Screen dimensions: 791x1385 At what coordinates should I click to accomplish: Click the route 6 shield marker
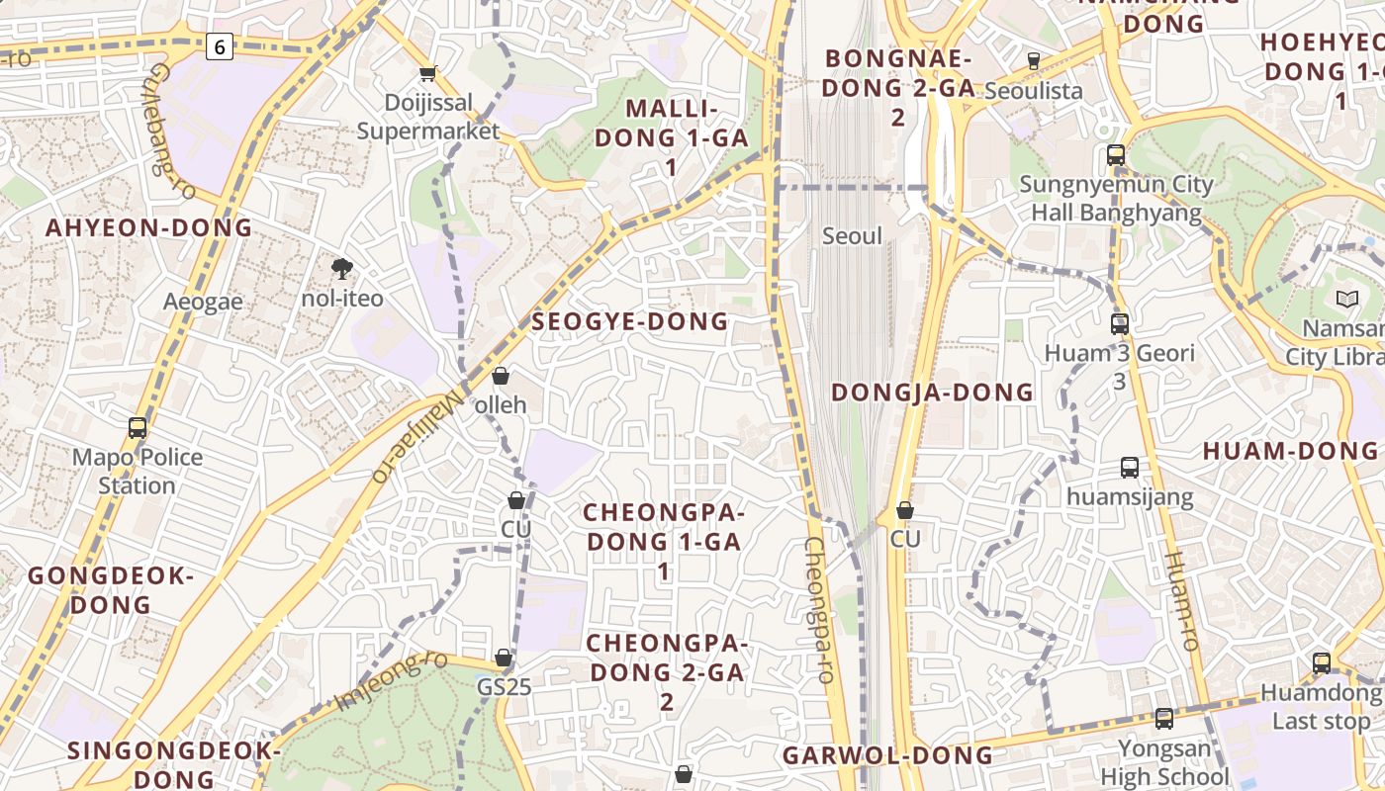[220, 45]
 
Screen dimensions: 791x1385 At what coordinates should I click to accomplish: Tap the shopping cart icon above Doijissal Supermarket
[428, 73]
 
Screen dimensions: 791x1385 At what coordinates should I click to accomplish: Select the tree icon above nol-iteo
[342, 268]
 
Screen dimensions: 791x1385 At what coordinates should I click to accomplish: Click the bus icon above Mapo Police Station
[138, 428]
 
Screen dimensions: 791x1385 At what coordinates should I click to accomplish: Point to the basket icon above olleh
[501, 376]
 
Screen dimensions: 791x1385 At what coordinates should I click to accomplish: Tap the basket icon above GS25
[504, 658]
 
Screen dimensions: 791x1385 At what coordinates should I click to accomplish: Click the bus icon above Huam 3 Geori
[1120, 323]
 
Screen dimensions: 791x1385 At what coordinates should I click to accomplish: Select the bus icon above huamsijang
[1130, 467]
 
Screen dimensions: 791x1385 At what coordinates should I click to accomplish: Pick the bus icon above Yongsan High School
[1164, 719]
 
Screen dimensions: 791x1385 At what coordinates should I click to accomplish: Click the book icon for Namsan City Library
[1347, 299]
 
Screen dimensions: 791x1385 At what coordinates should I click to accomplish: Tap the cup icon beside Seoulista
[1034, 61]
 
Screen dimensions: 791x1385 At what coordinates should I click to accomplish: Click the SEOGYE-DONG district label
[630, 321]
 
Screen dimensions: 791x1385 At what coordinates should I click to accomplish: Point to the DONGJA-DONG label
[932, 393]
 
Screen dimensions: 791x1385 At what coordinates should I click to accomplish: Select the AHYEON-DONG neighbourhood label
[149, 227]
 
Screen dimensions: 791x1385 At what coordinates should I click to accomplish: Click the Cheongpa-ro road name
[821, 611]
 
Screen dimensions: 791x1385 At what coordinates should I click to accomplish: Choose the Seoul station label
[852, 236]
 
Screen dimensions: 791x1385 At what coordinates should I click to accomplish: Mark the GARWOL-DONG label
[887, 756]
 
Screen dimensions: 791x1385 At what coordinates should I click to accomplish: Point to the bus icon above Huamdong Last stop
[1322, 663]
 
